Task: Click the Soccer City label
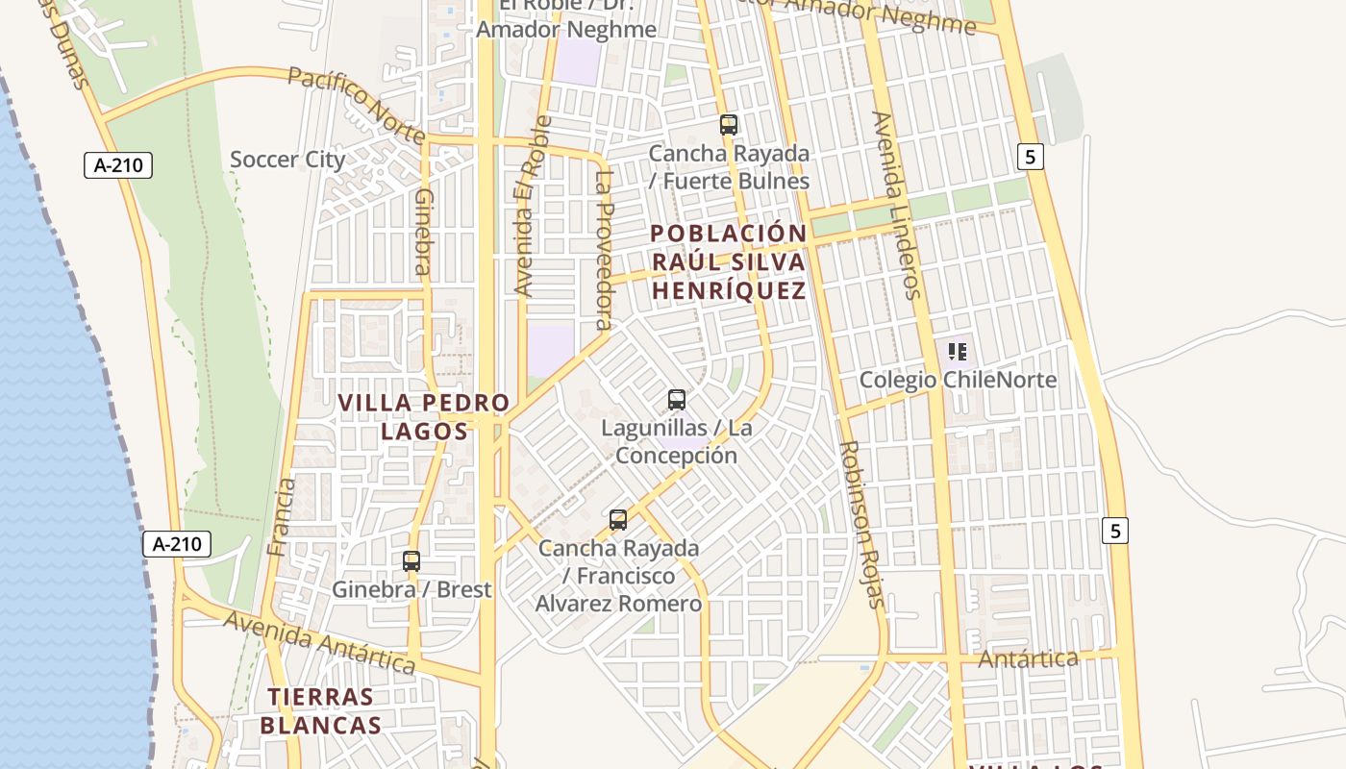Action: pos(287,160)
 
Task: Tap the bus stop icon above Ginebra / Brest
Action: pos(411,561)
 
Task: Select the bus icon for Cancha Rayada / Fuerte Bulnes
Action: pos(729,124)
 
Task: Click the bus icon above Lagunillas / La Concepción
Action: pos(677,399)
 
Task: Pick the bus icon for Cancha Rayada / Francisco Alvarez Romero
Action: pos(618,520)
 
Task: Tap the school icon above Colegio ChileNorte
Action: pos(957,352)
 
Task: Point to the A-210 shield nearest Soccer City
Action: pos(118,165)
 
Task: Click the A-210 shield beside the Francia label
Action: pos(177,544)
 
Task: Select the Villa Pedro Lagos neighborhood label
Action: pos(424,416)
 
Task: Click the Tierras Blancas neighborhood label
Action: pos(320,710)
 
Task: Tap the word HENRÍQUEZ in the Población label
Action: pos(729,290)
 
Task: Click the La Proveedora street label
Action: pos(604,250)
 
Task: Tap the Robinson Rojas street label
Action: pos(860,524)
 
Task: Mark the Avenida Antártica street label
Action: pos(319,642)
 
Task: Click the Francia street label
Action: pos(282,517)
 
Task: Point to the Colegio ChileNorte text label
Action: pos(958,380)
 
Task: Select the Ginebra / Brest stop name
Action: pos(411,589)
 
